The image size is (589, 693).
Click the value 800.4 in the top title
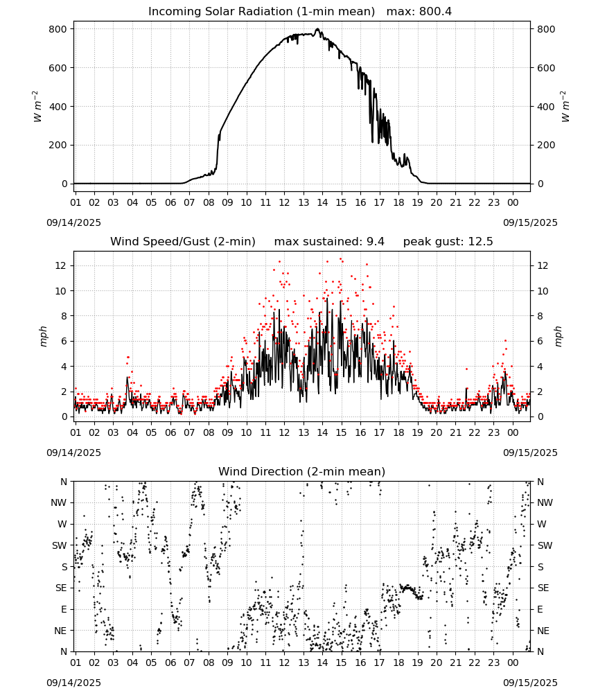coord(436,12)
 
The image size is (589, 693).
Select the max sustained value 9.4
coord(376,241)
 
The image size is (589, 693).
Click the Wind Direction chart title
coord(302,471)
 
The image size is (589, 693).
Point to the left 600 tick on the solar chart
coord(58,68)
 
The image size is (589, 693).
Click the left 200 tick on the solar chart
coord(58,145)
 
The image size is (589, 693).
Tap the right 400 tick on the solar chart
coord(546,107)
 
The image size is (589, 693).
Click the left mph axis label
coord(43,336)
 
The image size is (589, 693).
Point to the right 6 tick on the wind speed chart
coord(540,341)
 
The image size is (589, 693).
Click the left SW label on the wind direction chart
coord(60,545)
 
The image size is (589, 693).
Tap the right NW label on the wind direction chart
coord(545,503)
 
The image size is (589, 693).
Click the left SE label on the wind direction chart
coord(61,588)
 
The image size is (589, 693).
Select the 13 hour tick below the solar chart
coord(304,202)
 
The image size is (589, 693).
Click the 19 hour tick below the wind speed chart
coord(418,432)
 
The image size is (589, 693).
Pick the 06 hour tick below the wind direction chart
coord(170,663)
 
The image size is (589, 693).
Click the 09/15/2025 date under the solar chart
coord(530,222)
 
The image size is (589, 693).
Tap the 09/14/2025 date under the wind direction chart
coord(73,683)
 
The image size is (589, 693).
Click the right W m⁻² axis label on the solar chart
coord(565,107)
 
